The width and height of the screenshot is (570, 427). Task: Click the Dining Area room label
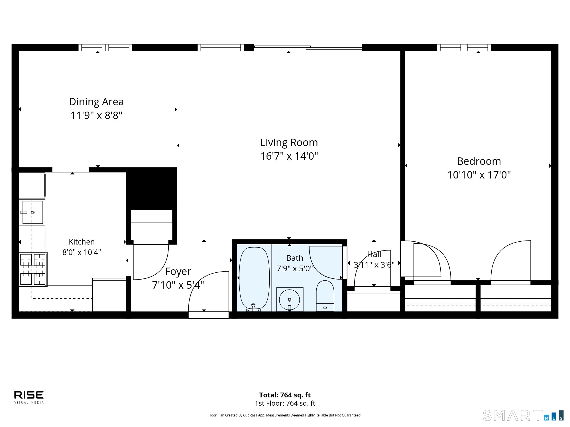96,102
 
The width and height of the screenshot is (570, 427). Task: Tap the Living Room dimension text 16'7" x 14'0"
289,156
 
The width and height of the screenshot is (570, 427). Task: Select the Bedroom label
479,161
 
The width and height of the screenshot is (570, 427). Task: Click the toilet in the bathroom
325,296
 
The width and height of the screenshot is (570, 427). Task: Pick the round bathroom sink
290,299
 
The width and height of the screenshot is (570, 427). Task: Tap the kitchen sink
32,212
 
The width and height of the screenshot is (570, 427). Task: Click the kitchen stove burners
32,269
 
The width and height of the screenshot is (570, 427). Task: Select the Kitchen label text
82,242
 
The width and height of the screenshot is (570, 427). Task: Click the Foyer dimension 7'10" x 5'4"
178,285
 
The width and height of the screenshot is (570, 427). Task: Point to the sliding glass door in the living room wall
308,47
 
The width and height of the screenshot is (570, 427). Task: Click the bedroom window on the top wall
464,48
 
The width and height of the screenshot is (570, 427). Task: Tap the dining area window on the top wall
105,48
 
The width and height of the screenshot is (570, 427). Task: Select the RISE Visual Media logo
29,397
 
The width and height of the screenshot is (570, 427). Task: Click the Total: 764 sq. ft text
285,395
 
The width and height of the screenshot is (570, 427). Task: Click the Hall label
374,254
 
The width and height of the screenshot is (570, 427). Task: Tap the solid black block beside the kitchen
152,188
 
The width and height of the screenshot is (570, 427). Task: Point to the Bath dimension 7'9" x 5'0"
295,268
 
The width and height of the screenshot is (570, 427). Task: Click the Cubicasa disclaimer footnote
285,415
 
